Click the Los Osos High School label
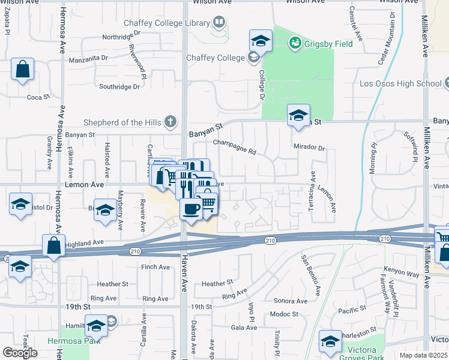coord(399,83)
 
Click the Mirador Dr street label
coord(309,147)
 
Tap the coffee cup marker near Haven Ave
coord(191,210)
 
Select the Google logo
coord(20,353)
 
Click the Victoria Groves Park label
coord(359,354)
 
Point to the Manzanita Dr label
coord(88,59)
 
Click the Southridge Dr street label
coord(119,86)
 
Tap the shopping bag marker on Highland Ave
coord(53,246)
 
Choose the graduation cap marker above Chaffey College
coord(261,41)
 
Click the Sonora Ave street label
coord(291,301)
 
